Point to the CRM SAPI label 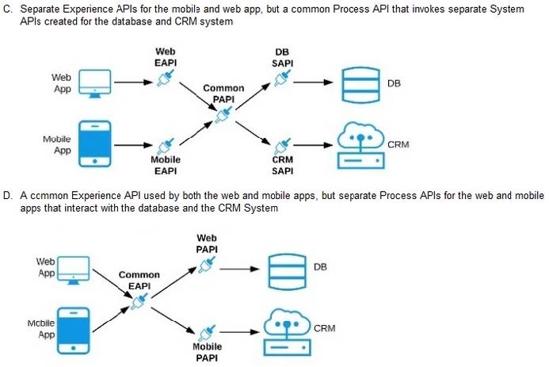pyautogui.click(x=283, y=164)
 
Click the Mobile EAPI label pyautogui.click(x=165, y=164)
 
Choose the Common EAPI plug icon pyautogui.click(x=139, y=301)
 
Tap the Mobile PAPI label pyautogui.click(x=207, y=351)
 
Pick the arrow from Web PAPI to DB pyautogui.click(x=238, y=269)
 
